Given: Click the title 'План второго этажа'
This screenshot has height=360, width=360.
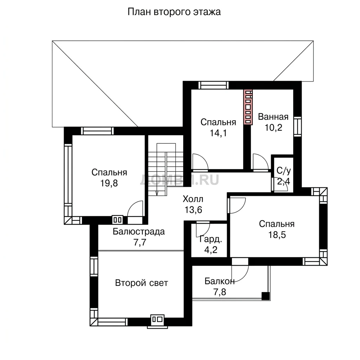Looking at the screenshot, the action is click(174, 12).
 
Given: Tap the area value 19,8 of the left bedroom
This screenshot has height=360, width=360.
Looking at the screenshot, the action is click(109, 183).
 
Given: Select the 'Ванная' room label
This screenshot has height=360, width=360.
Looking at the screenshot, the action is click(273, 117).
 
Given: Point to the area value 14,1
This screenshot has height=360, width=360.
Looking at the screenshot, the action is click(218, 133).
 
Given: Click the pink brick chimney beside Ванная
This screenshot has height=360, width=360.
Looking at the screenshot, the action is click(248, 107).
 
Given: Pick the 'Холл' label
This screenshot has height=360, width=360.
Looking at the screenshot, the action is click(193, 199).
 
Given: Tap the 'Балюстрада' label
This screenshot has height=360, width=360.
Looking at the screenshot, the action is click(139, 231).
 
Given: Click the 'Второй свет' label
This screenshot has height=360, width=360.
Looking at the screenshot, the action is click(141, 283).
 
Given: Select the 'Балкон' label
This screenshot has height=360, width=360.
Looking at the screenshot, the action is click(219, 281).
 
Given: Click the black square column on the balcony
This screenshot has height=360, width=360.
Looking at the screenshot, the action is click(266, 296).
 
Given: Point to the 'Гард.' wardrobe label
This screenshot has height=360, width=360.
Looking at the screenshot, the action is click(211, 239).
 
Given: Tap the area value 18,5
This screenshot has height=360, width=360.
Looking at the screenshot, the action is click(277, 235).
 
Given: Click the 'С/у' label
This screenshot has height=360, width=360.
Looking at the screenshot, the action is click(284, 171).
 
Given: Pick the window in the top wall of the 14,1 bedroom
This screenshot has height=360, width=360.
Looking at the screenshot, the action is click(213, 85).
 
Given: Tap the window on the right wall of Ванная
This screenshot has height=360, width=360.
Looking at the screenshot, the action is click(297, 127).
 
